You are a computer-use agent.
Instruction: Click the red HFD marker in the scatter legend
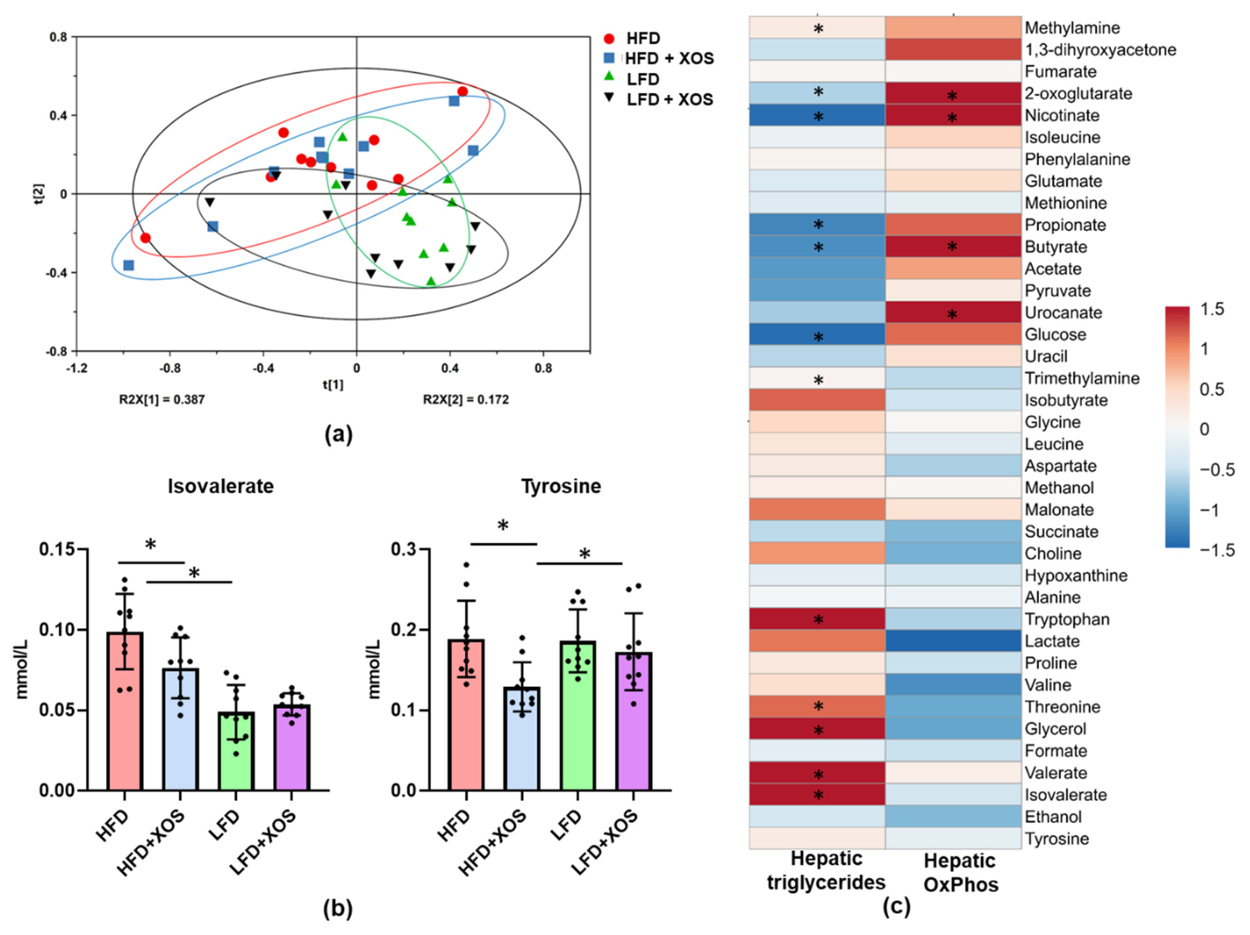[608, 38]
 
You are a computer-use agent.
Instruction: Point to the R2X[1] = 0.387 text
[162, 400]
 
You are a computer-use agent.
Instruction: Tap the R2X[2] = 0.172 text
[466, 400]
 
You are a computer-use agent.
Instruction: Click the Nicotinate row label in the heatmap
[1062, 116]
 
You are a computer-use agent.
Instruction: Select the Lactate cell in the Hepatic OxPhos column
[953, 641]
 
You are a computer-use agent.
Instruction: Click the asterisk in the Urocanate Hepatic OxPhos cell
[952, 315]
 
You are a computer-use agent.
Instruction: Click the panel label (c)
[896, 906]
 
